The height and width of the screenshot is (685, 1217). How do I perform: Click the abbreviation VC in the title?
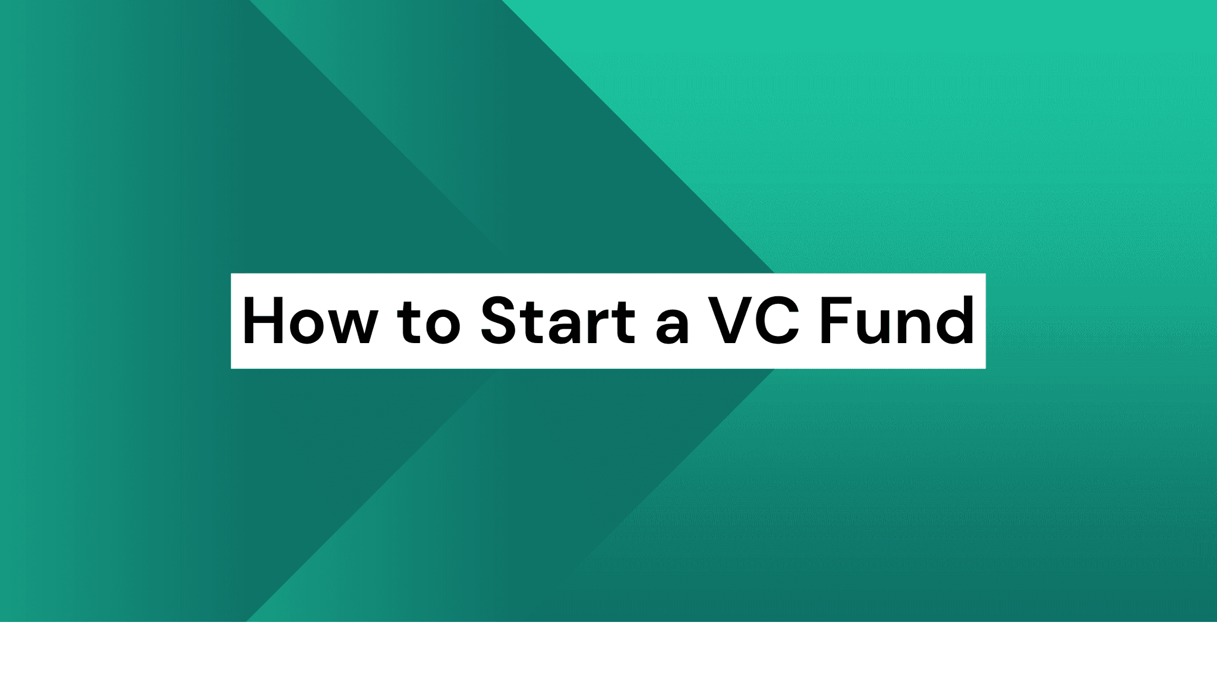(x=753, y=321)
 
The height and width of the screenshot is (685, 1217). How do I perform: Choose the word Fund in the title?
(x=897, y=321)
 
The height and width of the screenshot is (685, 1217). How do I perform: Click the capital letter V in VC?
(x=729, y=321)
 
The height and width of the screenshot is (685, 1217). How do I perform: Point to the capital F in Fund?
(x=834, y=321)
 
